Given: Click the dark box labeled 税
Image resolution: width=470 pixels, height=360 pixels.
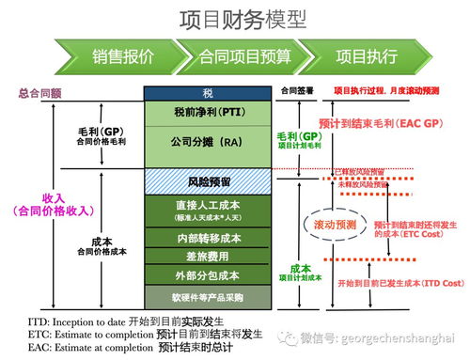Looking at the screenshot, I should [207, 93].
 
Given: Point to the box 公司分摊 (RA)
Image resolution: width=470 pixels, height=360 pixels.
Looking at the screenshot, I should [207, 142].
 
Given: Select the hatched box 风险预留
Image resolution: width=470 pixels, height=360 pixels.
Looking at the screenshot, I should [207, 178].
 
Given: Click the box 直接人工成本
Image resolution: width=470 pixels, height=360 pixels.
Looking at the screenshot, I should [207, 208].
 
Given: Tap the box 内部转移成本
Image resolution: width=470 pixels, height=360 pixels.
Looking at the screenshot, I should [207, 237].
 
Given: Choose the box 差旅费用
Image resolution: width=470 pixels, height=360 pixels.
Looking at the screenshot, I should [207, 256].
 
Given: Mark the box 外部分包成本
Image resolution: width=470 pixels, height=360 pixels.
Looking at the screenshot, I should [207, 274].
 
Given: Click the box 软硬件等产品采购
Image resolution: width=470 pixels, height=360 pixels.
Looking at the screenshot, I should [207, 297].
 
